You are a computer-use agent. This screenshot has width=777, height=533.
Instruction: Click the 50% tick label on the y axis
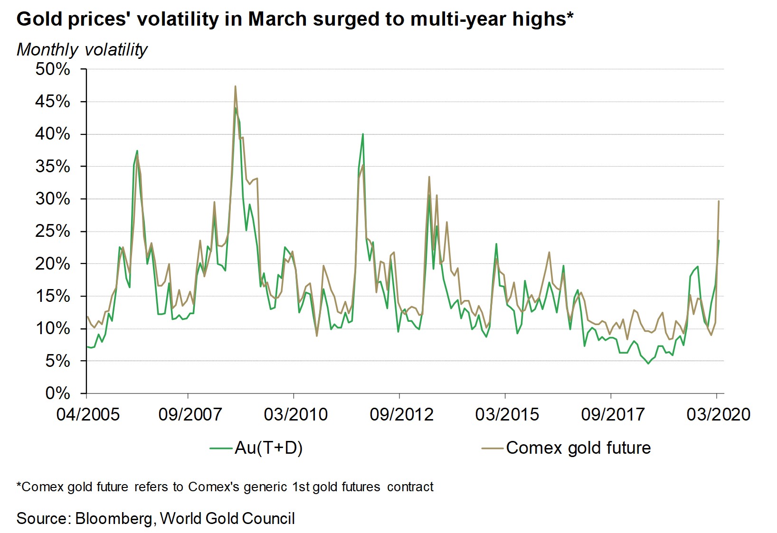[x=53, y=69]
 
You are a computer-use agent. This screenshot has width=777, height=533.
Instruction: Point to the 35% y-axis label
[x=53, y=167]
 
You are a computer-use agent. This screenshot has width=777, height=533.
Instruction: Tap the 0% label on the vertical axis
[x=57, y=393]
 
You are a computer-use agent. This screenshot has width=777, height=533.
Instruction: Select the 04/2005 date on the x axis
[x=88, y=414]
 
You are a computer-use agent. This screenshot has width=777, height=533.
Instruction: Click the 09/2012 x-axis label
[x=401, y=414]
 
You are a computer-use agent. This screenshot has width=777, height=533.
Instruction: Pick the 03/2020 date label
[x=718, y=414]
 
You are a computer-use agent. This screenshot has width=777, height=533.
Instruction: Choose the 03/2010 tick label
[x=296, y=414]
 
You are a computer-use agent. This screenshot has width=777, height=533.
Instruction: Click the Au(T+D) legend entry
[x=268, y=448]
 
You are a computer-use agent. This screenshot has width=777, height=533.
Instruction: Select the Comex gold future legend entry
[x=578, y=448]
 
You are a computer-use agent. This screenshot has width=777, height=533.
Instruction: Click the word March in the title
[x=278, y=19]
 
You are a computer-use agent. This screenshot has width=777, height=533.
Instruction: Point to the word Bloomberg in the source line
[x=114, y=518]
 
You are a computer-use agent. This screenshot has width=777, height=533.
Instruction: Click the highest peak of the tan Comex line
[x=235, y=86]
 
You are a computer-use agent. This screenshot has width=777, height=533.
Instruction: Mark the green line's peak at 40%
[x=363, y=134]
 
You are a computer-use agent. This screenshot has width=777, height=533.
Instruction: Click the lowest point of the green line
[x=648, y=364]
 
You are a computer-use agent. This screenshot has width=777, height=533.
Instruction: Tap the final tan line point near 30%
[x=719, y=201]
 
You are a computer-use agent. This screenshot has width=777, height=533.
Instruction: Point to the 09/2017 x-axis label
[x=613, y=414]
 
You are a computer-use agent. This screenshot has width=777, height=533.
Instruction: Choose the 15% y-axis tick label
[x=53, y=296]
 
